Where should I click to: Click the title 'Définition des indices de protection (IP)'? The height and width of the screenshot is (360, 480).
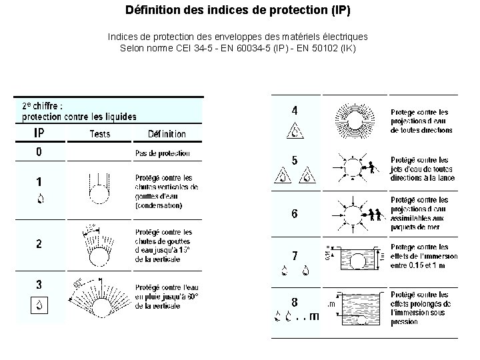[x=237, y=11]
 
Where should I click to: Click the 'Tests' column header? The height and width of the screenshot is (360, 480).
[x=100, y=134]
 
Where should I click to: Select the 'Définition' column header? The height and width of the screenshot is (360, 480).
[x=167, y=134]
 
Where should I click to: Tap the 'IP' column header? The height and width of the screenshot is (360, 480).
[x=39, y=133]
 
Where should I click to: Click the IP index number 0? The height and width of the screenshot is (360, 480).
[x=39, y=152]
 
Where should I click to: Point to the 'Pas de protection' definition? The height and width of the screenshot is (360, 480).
[x=162, y=153]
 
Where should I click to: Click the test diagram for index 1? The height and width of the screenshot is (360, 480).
[x=99, y=190]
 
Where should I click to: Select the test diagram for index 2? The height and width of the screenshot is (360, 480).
[x=100, y=244]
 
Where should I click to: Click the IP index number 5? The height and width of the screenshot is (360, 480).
[x=295, y=161]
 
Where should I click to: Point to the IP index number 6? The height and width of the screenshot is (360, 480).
[x=295, y=214]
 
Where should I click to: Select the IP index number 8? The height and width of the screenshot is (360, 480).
[x=295, y=301]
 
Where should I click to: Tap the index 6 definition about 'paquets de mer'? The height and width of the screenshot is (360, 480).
[x=419, y=213]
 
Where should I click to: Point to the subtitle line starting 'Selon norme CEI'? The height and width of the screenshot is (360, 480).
[x=237, y=49]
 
